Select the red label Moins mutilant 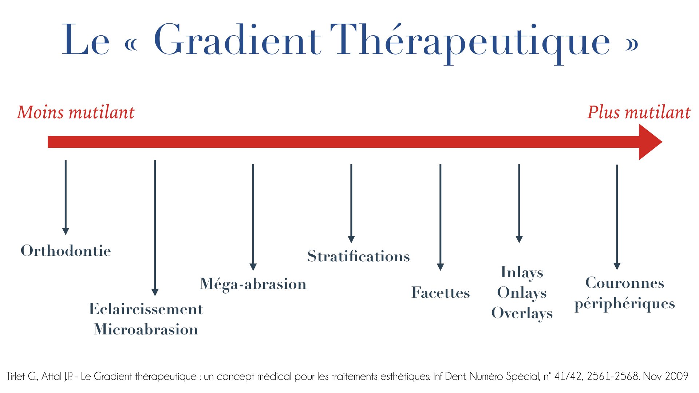tap(76, 112)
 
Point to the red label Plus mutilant tap(639, 112)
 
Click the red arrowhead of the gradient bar tap(650, 142)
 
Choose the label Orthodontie tap(66, 251)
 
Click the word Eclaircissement tap(146, 309)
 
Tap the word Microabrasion tap(146, 329)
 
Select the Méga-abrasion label tap(253, 284)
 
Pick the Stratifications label tap(359, 256)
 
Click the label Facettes tap(441, 293)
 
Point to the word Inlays tap(522, 273)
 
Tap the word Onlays tap(522, 293)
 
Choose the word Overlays tap(522, 314)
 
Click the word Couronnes tap(625, 283)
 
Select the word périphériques tap(625, 304)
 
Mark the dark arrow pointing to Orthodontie tap(66, 198)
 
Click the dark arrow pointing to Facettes tap(441, 217)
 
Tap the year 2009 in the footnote tap(676, 376)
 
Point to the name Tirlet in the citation tap(16, 376)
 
